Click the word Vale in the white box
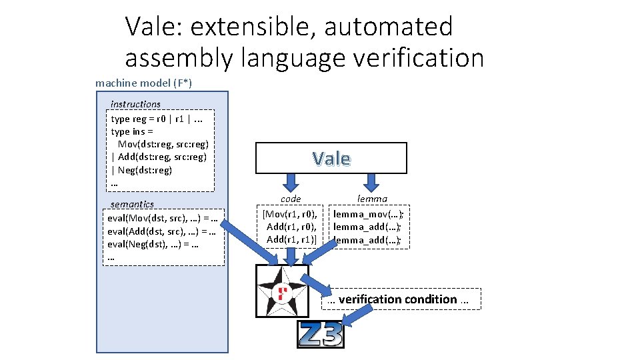[331, 158]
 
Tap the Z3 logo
[320, 335]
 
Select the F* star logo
[282, 291]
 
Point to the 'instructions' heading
[135, 104]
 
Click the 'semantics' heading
[132, 204]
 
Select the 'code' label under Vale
[291, 199]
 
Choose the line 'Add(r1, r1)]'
[292, 239]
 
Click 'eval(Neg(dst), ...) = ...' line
[155, 244]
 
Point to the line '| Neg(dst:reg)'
[141, 170]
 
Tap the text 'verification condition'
[397, 299]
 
